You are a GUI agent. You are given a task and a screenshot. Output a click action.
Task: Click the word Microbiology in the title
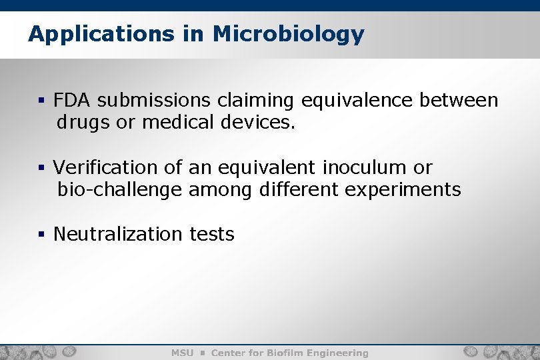289,34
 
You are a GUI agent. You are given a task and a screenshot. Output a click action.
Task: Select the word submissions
154,101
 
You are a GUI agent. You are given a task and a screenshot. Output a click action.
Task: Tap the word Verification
103,167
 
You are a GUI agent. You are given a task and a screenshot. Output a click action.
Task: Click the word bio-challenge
119,190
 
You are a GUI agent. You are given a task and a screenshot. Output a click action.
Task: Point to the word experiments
403,190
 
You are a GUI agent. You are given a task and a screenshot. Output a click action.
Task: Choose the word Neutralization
117,235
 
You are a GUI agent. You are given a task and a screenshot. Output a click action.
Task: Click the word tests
212,235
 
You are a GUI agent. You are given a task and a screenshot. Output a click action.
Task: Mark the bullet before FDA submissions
41,101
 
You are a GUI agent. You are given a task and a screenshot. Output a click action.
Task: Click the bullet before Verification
41,168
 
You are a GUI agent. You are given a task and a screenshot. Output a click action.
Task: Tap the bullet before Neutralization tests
41,235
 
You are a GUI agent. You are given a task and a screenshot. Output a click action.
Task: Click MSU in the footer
182,353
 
